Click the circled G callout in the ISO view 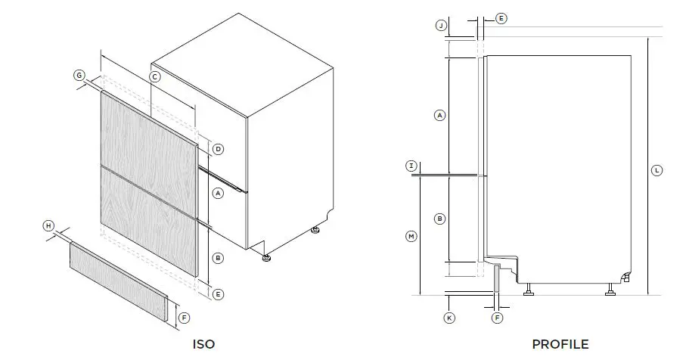(79, 75)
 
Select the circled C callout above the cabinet (154, 77)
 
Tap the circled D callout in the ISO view (218, 149)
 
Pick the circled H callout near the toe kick (48, 226)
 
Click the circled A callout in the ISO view (218, 194)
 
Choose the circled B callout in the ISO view (218, 258)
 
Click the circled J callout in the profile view (442, 26)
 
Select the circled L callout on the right (657, 171)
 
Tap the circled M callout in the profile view (411, 237)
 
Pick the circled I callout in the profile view (411, 166)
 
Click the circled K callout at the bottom (449, 318)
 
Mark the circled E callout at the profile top (501, 17)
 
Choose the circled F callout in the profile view (497, 318)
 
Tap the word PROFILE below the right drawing (560, 344)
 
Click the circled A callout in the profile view (439, 115)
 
